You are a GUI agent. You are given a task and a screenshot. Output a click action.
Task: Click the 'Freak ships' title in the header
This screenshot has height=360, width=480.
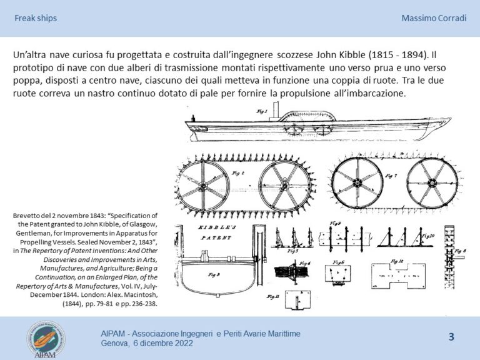(x=36, y=18)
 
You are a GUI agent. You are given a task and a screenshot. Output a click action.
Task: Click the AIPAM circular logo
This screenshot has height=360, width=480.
(x=44, y=339)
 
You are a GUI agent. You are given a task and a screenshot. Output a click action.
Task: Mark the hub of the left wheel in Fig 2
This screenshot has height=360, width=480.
(x=204, y=186)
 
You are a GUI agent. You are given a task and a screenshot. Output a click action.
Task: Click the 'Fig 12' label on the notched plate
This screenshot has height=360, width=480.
(x=396, y=261)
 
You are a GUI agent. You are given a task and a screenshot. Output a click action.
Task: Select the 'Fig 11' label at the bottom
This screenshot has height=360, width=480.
(x=273, y=296)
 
